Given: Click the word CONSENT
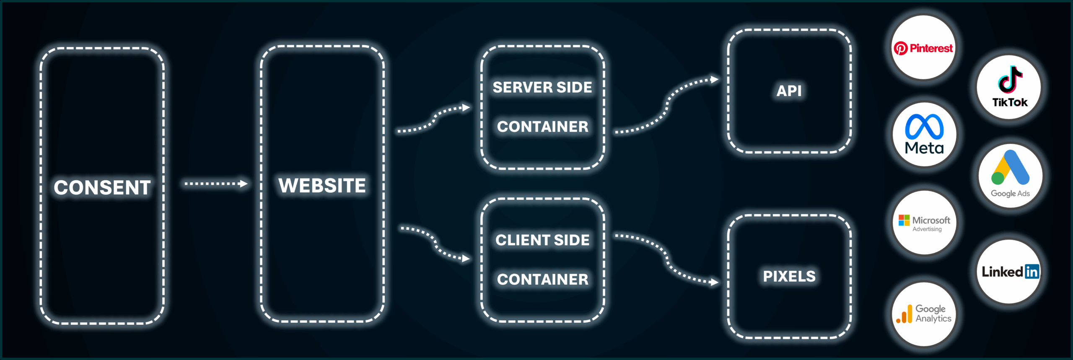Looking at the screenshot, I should click(102, 187).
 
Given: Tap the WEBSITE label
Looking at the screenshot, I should click(322, 185).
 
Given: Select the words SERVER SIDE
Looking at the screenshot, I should click(542, 87).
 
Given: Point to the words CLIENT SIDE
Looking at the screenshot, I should click(542, 240).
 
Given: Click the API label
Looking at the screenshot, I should click(789, 91).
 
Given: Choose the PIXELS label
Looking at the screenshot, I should click(789, 276).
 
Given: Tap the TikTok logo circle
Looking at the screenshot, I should click(1009, 88).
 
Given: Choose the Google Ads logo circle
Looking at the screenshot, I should click(1010, 176).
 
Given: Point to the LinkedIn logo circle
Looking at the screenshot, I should click(1009, 272).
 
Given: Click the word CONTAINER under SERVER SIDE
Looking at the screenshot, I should click(542, 127).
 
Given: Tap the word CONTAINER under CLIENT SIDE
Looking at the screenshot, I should click(542, 279).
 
